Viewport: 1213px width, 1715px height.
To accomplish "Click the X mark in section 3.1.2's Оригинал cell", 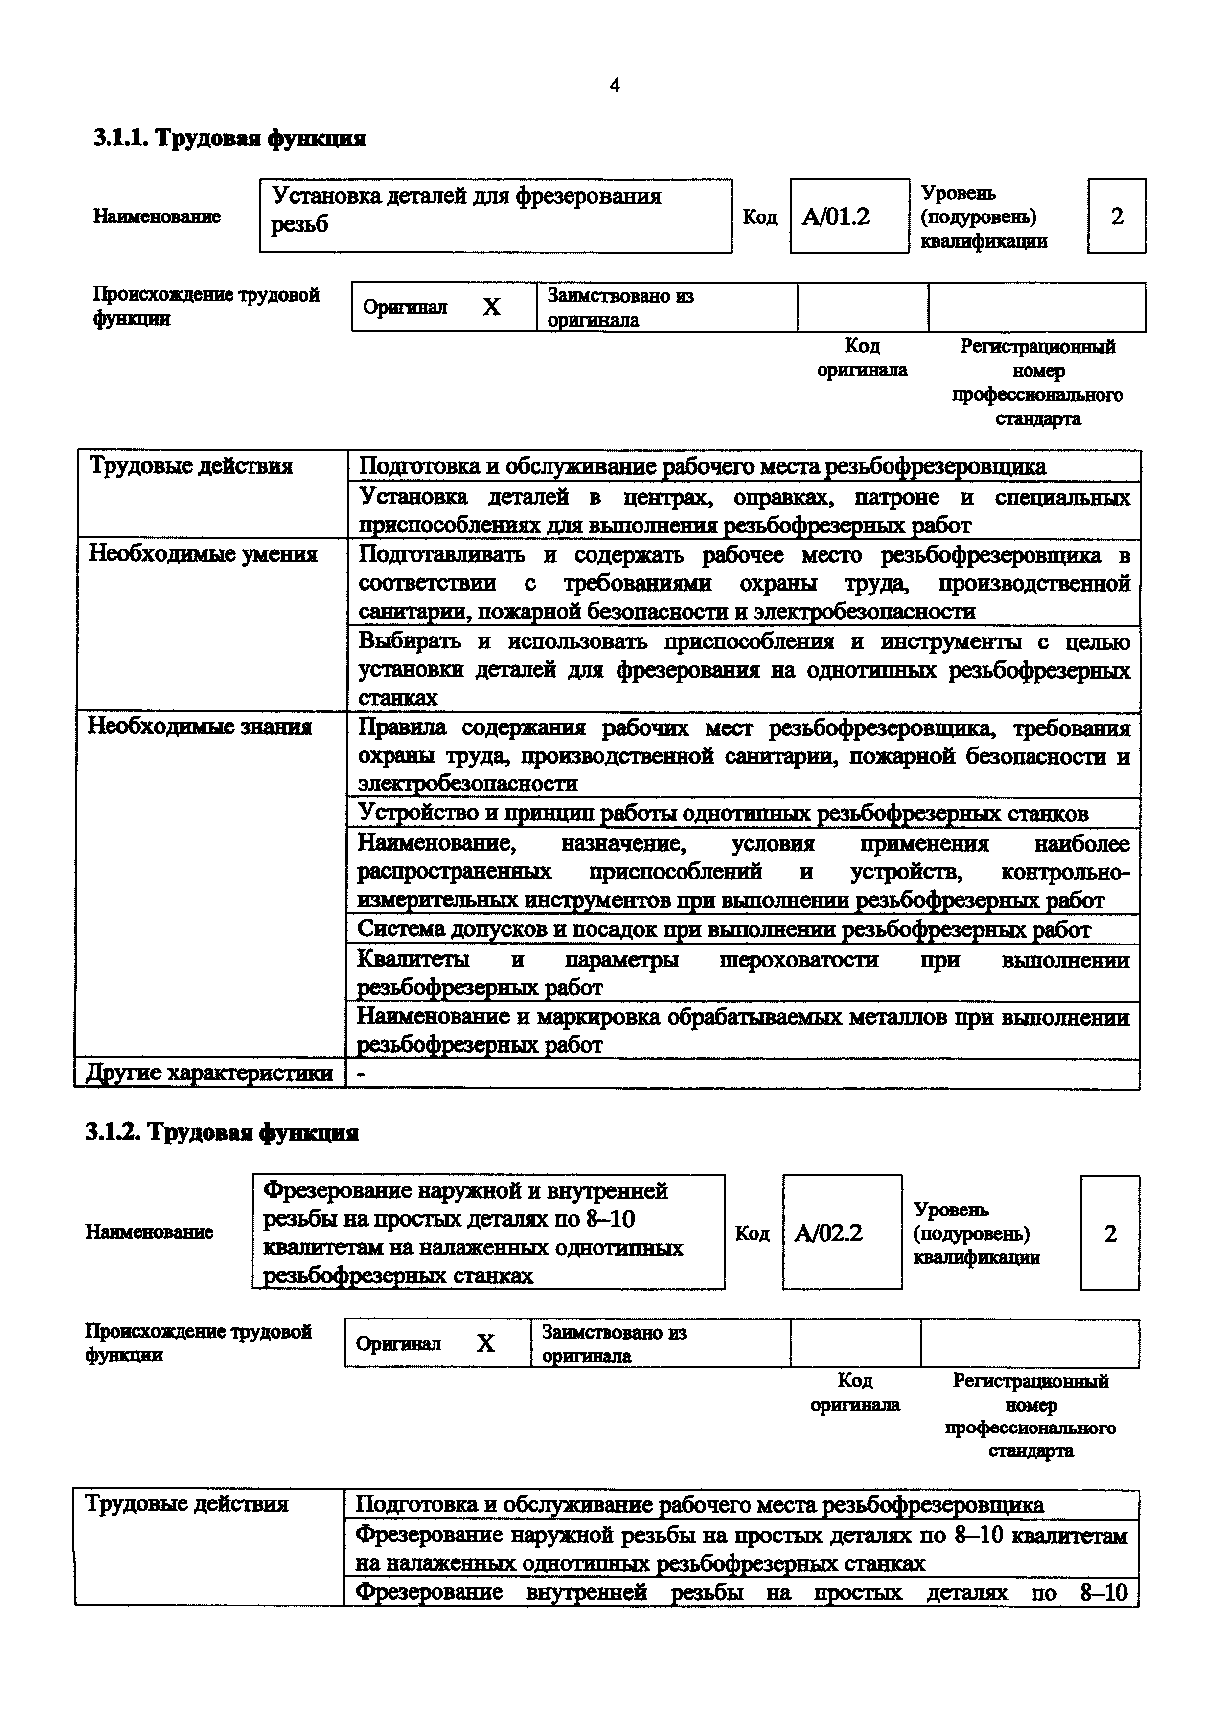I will click(x=486, y=1344).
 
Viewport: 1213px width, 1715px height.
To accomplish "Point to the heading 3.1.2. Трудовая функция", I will click(x=223, y=1133).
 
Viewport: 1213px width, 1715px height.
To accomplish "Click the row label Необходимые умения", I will click(x=203, y=555).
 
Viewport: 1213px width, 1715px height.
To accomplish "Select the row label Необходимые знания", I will click(x=200, y=727).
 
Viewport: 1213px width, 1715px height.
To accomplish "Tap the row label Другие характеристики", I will click(x=209, y=1074).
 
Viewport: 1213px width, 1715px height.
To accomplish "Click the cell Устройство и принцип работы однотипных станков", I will click(x=723, y=814).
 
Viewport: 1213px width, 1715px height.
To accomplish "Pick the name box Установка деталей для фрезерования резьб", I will click(x=495, y=216).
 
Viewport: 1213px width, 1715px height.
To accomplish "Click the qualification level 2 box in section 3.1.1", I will click(x=1117, y=217).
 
